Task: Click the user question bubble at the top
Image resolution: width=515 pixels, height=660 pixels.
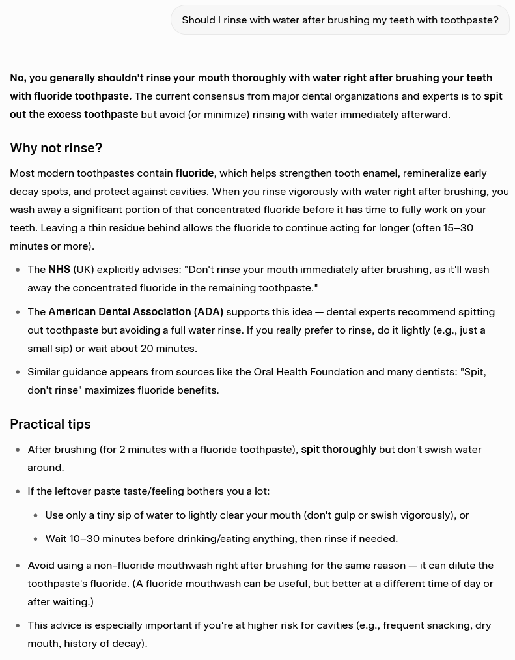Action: coord(340,20)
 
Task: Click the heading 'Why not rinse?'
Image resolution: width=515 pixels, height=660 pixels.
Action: coord(56,148)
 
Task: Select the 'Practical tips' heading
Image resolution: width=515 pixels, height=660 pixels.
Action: coord(50,424)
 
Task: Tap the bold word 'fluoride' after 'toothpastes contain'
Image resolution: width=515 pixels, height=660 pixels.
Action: coord(195,173)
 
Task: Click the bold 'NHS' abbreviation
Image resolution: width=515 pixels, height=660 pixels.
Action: coord(59,269)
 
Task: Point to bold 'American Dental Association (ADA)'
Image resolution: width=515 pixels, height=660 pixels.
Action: coord(135,311)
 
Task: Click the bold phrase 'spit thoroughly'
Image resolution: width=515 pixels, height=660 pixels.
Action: coord(339,449)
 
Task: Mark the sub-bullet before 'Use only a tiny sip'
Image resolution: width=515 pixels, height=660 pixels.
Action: coord(35,515)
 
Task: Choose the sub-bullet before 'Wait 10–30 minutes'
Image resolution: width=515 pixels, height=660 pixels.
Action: coord(35,539)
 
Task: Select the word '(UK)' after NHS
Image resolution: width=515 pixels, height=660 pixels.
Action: coord(83,269)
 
